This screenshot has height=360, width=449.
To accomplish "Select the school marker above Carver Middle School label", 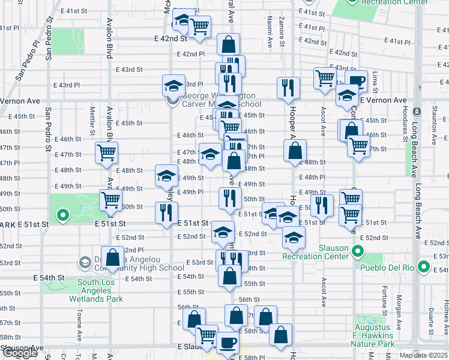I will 173,86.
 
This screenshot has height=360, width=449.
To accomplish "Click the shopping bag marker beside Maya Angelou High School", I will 112,257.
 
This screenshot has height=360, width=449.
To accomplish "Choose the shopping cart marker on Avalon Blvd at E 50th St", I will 110,200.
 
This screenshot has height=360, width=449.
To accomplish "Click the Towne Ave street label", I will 78,324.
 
